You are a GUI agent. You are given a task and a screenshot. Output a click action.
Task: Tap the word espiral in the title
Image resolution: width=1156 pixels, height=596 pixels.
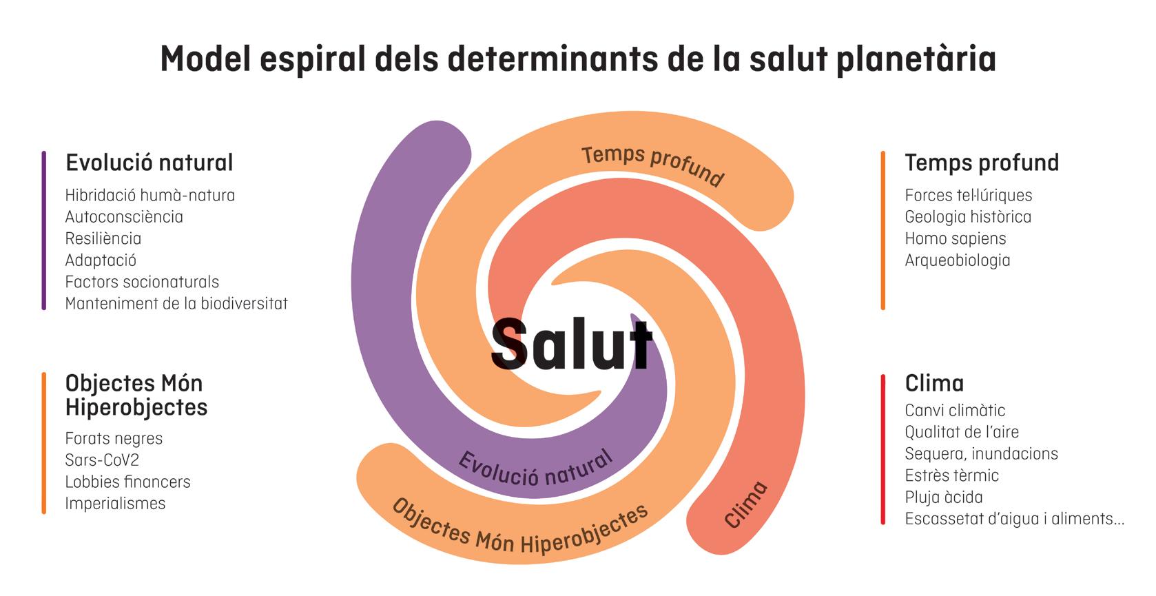(x=313, y=59)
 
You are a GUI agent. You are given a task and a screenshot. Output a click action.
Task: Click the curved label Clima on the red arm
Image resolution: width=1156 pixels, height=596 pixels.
(x=746, y=504)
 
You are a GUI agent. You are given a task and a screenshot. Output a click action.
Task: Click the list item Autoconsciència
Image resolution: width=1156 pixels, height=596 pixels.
(x=124, y=217)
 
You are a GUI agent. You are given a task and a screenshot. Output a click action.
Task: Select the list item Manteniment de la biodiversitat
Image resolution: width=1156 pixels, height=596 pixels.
(x=176, y=303)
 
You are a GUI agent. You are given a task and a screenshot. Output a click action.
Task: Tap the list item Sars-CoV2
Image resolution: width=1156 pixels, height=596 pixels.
(x=102, y=460)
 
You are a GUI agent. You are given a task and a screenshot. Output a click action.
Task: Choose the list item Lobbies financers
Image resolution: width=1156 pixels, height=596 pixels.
(x=127, y=482)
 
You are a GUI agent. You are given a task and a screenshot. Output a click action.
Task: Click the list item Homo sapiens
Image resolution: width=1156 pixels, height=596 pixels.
(x=955, y=238)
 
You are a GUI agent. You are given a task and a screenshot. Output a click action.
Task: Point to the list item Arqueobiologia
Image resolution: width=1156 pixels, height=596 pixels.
(x=957, y=260)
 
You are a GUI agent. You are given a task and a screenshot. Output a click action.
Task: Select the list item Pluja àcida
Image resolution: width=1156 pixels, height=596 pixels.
(x=943, y=497)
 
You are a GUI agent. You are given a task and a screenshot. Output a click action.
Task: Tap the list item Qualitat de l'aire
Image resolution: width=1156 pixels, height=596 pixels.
(x=961, y=432)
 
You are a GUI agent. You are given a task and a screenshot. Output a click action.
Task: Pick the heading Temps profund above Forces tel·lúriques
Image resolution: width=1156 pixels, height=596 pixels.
(x=981, y=163)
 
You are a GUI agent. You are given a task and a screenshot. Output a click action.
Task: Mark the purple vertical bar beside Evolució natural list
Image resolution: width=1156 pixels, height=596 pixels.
(x=44, y=231)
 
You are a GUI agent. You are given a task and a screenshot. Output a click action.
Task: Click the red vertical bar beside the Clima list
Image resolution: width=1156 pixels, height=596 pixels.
(x=883, y=449)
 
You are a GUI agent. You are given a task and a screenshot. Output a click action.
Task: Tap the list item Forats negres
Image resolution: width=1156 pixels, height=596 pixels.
(x=114, y=438)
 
